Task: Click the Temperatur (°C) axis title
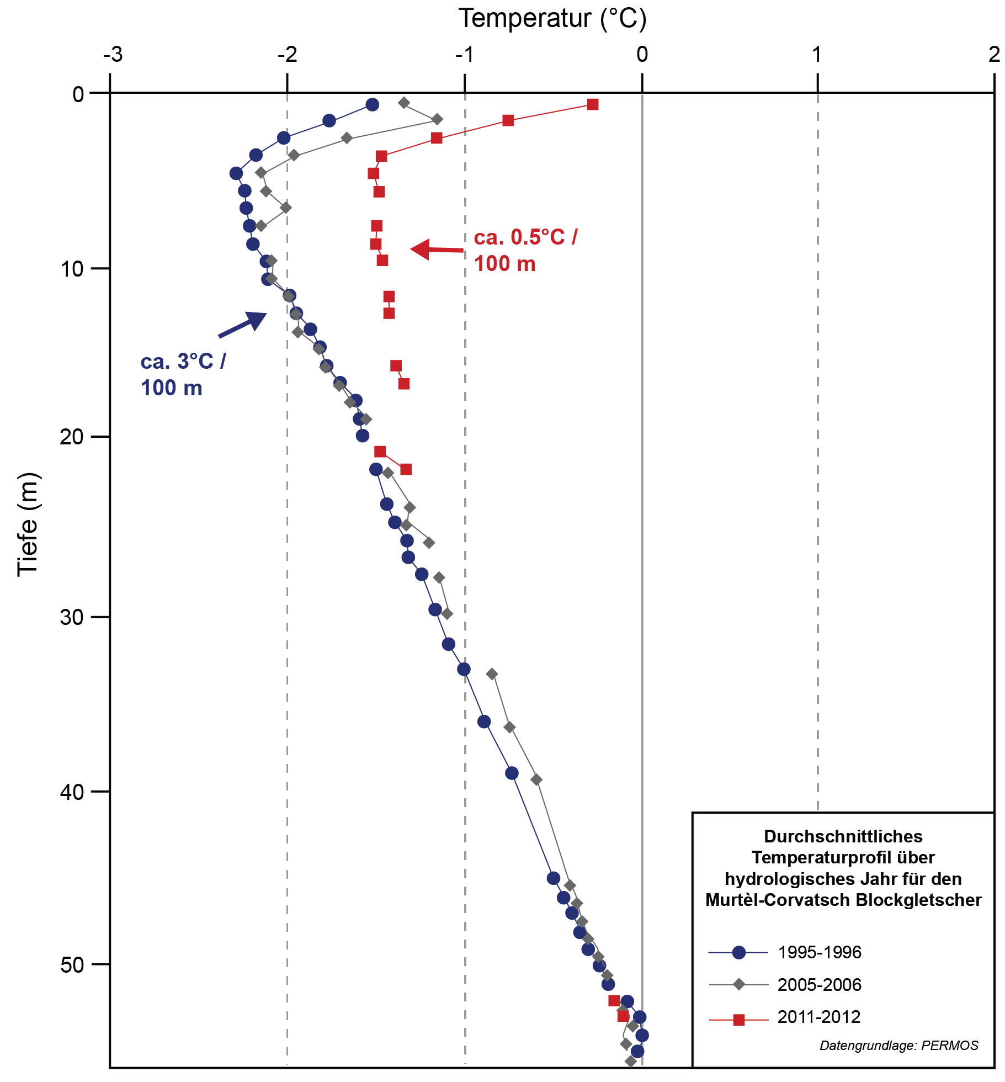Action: pos(552,19)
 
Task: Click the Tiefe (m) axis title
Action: pos(28,524)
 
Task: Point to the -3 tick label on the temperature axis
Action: pos(113,55)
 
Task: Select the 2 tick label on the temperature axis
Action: pos(994,55)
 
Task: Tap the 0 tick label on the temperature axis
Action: pos(642,55)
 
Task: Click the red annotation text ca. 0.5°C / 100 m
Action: pos(525,251)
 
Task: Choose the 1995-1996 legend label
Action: pos(820,952)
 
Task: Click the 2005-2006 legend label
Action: pos(820,984)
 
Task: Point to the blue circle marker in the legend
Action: pos(739,952)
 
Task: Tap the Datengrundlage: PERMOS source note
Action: pos(898,1046)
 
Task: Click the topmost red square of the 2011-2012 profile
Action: pos(593,104)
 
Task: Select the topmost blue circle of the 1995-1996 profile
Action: pos(373,104)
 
